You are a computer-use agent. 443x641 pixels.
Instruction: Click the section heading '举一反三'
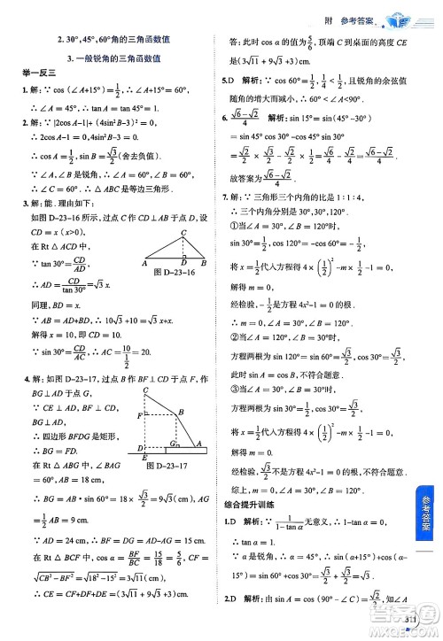tap(33, 73)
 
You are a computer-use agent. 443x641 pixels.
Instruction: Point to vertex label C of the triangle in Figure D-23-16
tap(183, 233)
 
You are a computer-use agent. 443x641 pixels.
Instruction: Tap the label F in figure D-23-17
tap(139, 415)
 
